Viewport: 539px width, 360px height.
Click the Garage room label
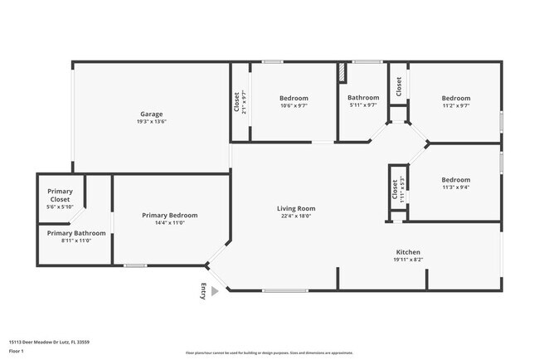tap(151, 114)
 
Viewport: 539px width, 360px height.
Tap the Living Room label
tap(296, 208)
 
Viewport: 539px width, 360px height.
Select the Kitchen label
tap(408, 252)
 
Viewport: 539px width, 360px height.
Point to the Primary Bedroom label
tap(170, 215)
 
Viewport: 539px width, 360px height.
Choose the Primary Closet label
tap(60, 195)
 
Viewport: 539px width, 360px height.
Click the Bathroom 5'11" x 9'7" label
tap(363, 98)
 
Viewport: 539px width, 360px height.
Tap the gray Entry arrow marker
tap(215, 291)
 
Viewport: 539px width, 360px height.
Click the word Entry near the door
tap(204, 290)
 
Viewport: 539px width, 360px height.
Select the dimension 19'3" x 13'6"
tap(151, 122)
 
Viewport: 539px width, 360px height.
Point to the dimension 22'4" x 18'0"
tap(296, 216)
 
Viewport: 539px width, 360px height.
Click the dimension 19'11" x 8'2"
tap(408, 260)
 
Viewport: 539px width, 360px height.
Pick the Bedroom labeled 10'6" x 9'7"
tap(294, 98)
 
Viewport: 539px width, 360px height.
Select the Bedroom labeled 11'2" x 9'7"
tap(455, 98)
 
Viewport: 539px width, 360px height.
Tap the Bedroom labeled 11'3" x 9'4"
tap(455, 180)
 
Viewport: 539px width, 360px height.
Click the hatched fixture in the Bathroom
tap(340, 72)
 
